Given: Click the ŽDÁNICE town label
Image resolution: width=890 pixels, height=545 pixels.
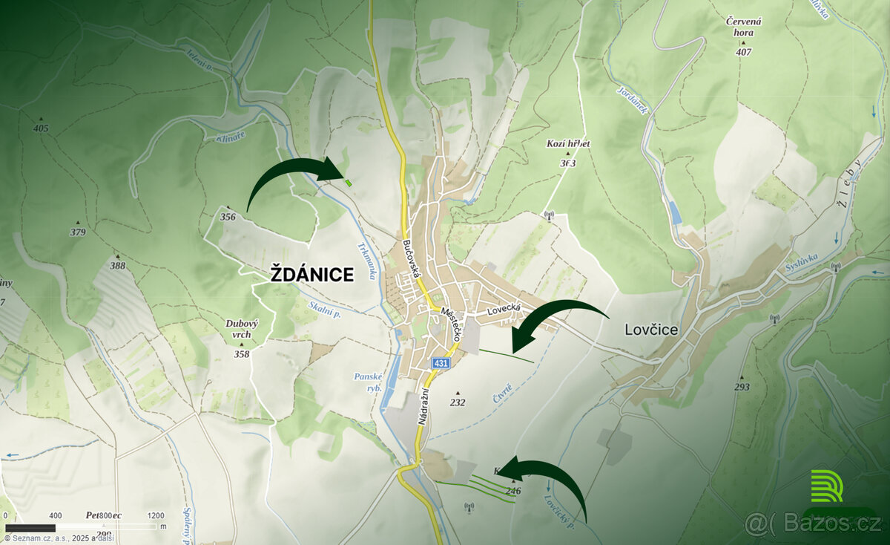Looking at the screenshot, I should pyautogui.click(x=311, y=274).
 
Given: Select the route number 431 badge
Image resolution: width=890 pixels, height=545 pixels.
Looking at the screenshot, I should pyautogui.click(x=442, y=363).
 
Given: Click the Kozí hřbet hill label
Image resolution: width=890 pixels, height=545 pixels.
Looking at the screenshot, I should pyautogui.click(x=567, y=143).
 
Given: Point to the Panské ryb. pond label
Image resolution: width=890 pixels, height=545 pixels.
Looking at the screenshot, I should pyautogui.click(x=369, y=382).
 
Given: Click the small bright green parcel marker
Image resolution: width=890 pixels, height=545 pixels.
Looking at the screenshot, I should pyautogui.click(x=348, y=181).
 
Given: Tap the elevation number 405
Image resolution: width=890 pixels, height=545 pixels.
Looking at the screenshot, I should pyautogui.click(x=41, y=128).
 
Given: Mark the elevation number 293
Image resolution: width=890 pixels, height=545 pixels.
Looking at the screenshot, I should pyautogui.click(x=742, y=387).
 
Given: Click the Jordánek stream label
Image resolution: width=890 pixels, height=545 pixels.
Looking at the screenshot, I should pyautogui.click(x=633, y=99).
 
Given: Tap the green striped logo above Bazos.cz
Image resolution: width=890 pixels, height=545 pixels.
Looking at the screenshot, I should pyautogui.click(x=826, y=486).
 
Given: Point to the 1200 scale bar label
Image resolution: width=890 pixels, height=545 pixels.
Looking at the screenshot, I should pyautogui.click(x=156, y=515).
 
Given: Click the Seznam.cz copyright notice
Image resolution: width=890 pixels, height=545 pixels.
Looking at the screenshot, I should pyautogui.click(x=56, y=538).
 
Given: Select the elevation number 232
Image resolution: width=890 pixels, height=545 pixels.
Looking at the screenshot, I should pyautogui.click(x=458, y=402).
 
